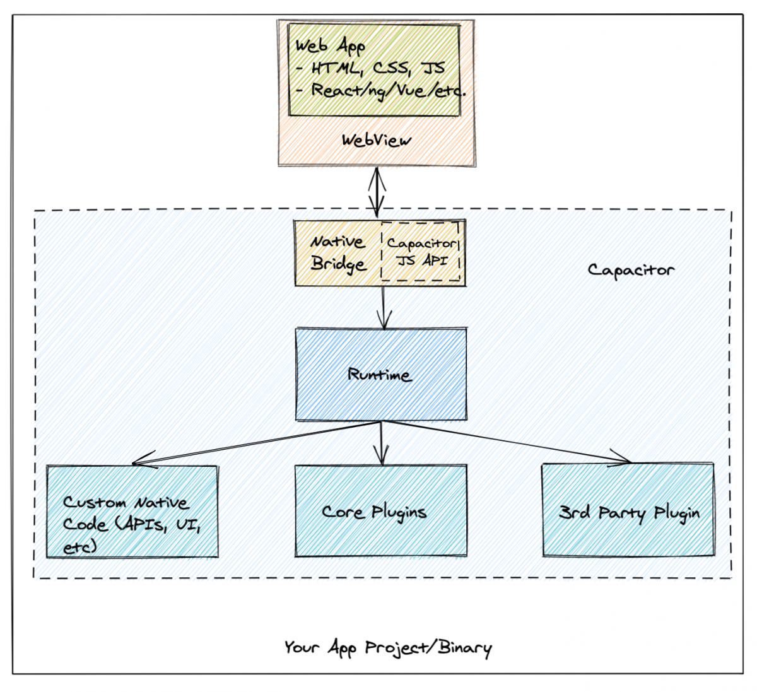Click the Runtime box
[x=381, y=374]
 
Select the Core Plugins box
[x=381, y=511]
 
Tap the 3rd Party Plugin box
[x=628, y=511]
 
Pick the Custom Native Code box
[x=132, y=512]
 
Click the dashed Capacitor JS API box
[x=421, y=252]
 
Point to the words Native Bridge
[x=337, y=253]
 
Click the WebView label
[x=376, y=140]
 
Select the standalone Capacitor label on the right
[x=631, y=270]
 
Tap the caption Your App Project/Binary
[x=387, y=648]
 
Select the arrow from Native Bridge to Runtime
[x=383, y=307]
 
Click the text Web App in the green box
[x=330, y=47]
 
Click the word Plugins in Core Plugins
[x=398, y=512]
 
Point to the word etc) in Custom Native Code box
[x=80, y=546]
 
